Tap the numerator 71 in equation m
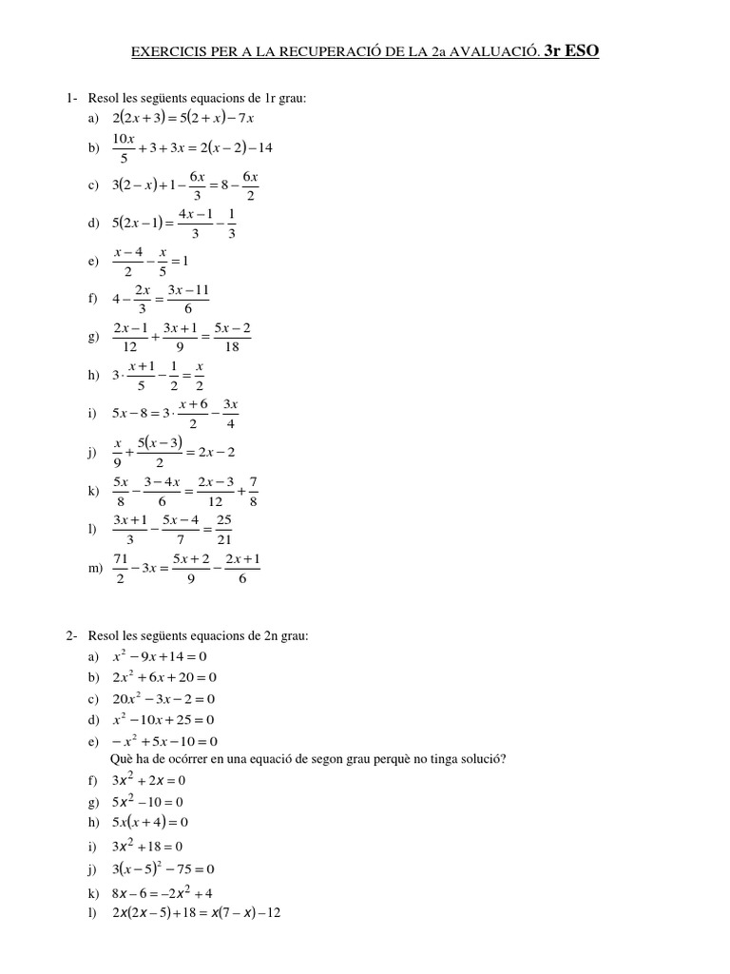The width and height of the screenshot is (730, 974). [x=121, y=558]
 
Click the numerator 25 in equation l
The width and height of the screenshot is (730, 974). [x=224, y=520]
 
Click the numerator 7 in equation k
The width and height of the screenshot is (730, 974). [x=253, y=481]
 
